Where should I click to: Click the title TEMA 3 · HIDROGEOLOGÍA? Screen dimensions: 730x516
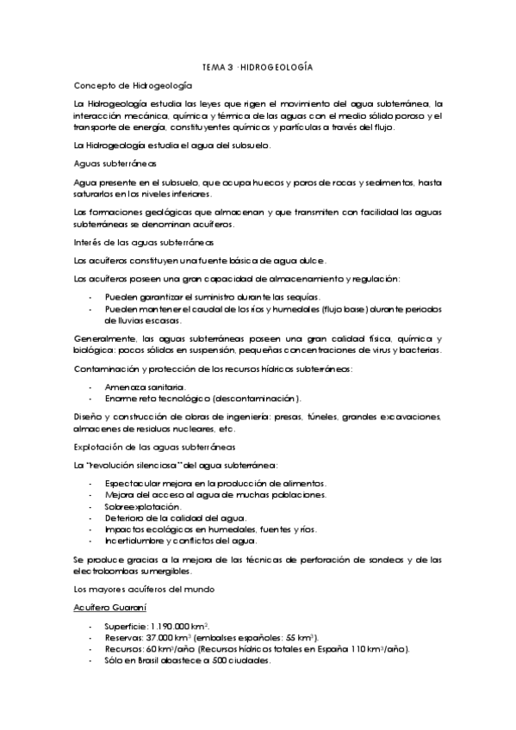[258, 66]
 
